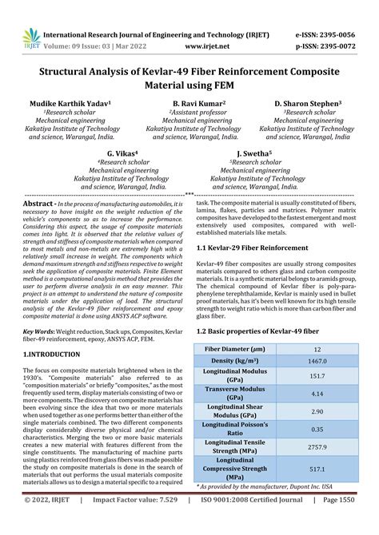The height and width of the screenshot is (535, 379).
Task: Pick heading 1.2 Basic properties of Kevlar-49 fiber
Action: [x=257, y=331]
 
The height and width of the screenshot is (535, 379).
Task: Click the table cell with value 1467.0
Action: [x=317, y=362]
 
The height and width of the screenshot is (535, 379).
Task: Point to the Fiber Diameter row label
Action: [x=235, y=349]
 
